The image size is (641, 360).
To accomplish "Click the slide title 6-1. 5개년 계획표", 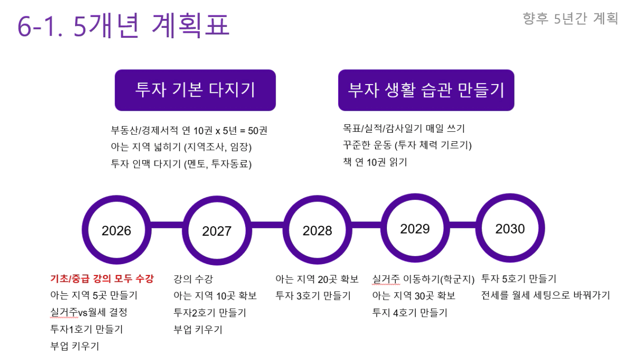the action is (123, 25).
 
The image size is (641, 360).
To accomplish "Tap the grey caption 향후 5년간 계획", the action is (570, 19).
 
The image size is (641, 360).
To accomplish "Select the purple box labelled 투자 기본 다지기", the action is (195, 90).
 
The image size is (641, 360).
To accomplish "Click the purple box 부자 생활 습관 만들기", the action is (426, 90).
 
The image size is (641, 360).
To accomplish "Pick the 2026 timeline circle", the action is (116, 230).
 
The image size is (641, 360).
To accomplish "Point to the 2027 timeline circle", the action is (217, 231).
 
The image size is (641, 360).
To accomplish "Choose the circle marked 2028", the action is (317, 230).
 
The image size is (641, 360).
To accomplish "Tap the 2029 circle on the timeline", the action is (415, 228).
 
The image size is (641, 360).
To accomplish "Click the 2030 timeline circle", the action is (510, 228).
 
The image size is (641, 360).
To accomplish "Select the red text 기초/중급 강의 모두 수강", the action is (102, 278).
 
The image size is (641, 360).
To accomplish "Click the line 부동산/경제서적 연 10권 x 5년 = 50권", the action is (189, 130).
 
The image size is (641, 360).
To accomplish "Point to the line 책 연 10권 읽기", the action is (375, 162).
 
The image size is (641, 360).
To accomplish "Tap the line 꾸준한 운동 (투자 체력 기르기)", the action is (407, 145).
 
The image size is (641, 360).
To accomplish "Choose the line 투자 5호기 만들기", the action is (519, 278).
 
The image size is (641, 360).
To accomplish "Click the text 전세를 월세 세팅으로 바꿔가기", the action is (546, 295).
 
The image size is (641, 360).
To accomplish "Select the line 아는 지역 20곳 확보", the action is (317, 279).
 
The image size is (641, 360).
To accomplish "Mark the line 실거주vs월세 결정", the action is (89, 312).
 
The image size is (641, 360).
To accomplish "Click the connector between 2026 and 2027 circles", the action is (167, 225).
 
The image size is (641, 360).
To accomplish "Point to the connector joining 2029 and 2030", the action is (462, 225).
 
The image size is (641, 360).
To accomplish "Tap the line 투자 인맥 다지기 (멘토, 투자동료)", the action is (181, 164).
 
